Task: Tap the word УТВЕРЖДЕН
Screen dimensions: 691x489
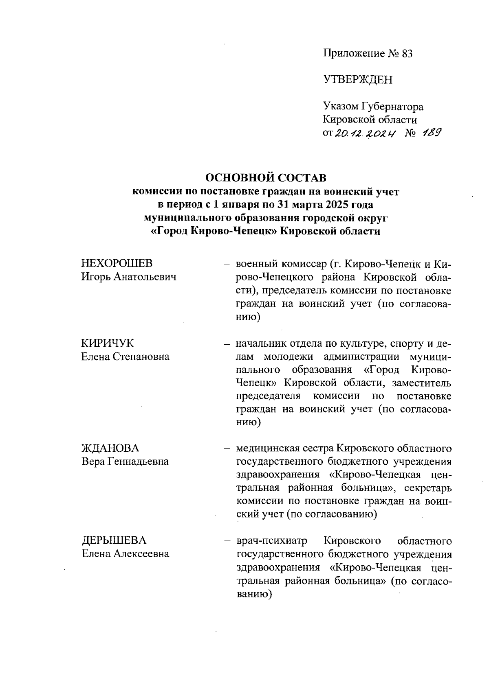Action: point(357,80)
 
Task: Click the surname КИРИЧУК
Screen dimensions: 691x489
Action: point(108,343)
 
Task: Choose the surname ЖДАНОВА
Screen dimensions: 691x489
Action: point(110,448)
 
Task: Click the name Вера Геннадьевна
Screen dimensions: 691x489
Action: point(125,462)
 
